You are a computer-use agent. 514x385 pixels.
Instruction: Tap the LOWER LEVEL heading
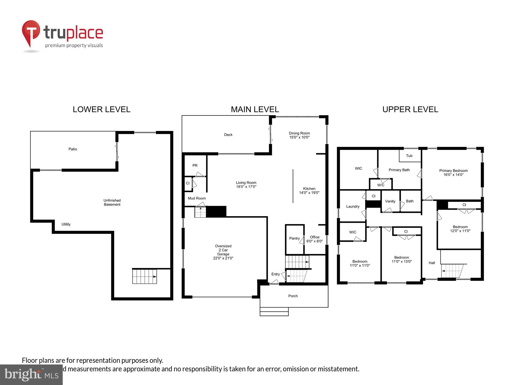coord(102,109)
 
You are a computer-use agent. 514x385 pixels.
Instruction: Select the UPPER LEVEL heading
coord(410,109)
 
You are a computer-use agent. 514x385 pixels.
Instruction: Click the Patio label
coord(73,149)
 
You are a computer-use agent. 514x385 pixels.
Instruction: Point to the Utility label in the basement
coord(66,224)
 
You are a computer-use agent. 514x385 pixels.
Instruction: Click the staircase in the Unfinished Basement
coord(144,276)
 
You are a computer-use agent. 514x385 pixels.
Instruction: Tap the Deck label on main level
coord(228,135)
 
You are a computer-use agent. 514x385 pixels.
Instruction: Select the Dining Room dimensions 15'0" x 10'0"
coord(299,137)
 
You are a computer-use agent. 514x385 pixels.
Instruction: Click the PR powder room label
coord(195,166)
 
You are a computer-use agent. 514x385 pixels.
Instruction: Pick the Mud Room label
coord(197,198)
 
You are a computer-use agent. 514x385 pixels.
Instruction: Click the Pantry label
coord(295,238)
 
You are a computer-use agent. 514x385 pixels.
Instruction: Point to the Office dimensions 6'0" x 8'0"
coord(315,241)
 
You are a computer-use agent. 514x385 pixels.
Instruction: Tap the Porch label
coord(293,296)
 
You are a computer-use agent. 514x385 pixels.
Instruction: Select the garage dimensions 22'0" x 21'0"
coord(223,258)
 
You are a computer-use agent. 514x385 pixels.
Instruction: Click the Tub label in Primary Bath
coord(409,156)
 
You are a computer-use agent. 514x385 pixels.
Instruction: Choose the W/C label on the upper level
coord(381,185)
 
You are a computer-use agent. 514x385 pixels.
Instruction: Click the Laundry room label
coord(353,207)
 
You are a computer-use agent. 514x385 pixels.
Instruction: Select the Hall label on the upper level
coord(432,263)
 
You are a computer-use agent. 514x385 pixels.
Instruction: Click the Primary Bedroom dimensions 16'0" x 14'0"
coord(453,175)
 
